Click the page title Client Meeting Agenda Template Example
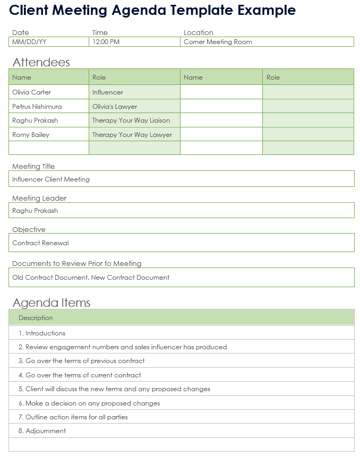(153, 10)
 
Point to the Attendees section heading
(41, 62)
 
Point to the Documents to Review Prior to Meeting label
(77, 263)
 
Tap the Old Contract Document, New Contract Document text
(91, 278)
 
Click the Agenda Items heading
(52, 303)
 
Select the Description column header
(36, 318)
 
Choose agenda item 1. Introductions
(42, 333)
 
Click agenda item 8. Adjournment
(42, 431)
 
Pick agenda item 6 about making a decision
(89, 403)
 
